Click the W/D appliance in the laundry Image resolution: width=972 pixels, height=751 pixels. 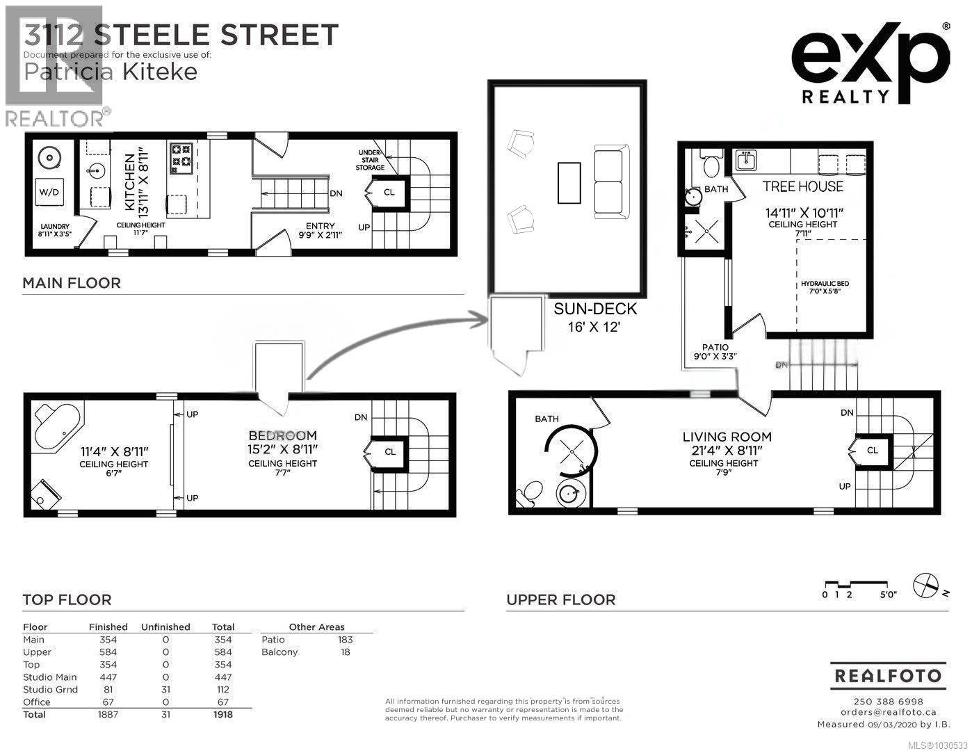pos(49,191)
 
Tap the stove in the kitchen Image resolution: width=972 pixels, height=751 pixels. pos(181,156)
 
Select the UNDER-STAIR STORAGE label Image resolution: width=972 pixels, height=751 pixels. pos(370,160)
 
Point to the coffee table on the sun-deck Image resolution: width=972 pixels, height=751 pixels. pos(569,182)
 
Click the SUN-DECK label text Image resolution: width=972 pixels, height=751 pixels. pos(594,308)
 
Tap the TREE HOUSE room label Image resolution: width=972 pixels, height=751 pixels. pos(802,186)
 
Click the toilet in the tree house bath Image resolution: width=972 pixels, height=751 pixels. pos(711,166)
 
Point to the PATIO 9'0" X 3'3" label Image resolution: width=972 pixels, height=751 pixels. pos(715,351)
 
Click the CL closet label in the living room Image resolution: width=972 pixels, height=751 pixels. pos(873,450)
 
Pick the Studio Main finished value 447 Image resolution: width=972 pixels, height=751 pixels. pos(108,677)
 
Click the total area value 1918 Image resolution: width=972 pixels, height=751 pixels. pos(222,714)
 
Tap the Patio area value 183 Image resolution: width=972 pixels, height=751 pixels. pos(345,639)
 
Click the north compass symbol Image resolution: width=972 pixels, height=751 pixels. pos(926,584)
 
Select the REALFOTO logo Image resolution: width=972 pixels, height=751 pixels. pos(888,675)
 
